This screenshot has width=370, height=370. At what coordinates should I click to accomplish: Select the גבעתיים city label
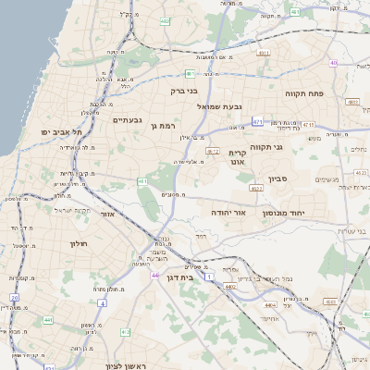click(128, 120)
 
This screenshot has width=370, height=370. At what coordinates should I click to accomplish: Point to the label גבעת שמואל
click(219, 107)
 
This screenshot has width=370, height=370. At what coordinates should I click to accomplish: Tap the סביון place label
click(278, 178)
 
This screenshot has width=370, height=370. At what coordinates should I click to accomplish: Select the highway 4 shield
click(100, 301)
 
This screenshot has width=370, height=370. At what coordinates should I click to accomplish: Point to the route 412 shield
click(213, 151)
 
